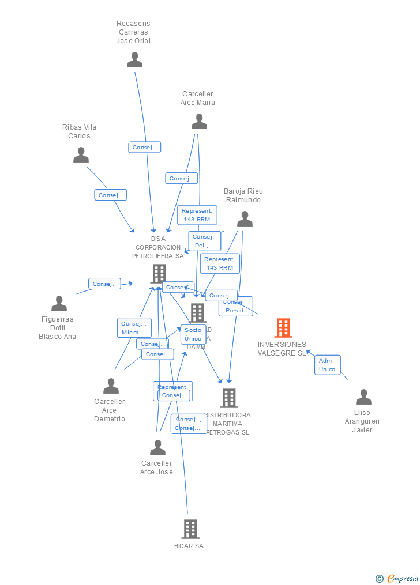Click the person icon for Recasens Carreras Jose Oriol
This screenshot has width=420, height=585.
[x=134, y=60]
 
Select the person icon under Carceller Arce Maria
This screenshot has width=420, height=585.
[x=199, y=122]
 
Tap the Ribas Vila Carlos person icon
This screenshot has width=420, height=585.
[x=81, y=155]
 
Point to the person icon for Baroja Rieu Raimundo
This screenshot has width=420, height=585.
[x=245, y=219]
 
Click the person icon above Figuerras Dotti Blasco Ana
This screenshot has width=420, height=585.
[x=59, y=304]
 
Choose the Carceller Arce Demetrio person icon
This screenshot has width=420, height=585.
[x=111, y=386]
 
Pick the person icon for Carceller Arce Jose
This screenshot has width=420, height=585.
[x=157, y=448]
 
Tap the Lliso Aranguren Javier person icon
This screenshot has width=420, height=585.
[x=363, y=397]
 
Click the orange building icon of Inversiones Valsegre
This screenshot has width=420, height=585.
[x=283, y=328]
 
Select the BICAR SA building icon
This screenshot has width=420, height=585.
[x=190, y=529]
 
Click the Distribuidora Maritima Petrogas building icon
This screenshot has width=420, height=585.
[x=228, y=398]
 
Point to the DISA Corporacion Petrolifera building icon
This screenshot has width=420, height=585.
[x=158, y=273]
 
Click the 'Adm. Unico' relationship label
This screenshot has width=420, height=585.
[x=327, y=365]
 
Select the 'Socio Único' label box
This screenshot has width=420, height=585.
[x=193, y=334]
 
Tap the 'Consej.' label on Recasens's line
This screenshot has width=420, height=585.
[x=144, y=148]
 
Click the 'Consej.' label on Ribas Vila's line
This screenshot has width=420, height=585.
[x=110, y=195]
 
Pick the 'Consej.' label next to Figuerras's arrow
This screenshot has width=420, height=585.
[x=104, y=284]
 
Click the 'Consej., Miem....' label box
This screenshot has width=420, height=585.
[x=134, y=328]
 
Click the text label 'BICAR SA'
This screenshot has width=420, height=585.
[x=189, y=546]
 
